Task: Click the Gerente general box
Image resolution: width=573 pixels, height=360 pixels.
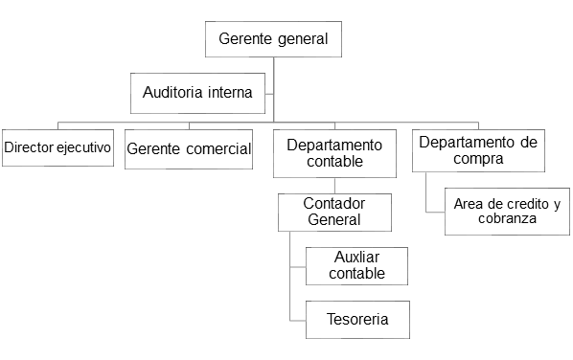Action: pos(273,39)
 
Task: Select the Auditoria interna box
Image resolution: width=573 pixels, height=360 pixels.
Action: pos(197,93)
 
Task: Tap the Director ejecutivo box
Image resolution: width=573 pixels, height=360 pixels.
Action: pos(57,147)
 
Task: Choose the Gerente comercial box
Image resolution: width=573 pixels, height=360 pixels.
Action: pos(189,149)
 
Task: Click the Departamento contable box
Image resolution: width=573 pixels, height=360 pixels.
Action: pos(334,153)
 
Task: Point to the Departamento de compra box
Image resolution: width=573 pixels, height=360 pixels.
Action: pos(478,150)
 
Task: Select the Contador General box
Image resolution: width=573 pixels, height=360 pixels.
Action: pos(334,213)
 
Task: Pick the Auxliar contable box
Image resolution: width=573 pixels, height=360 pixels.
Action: pos(356,266)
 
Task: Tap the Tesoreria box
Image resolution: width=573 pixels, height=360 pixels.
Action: pos(357,320)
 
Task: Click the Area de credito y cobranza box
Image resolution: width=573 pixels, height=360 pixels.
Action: pos(507,212)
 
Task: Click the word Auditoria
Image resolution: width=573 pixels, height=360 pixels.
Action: pos(172,92)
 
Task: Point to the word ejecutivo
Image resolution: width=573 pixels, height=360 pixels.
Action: pos(83,147)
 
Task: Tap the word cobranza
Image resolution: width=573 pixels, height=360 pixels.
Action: pos(507,218)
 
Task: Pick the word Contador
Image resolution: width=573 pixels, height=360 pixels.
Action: pos(334,203)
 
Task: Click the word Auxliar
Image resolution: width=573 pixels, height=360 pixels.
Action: pos(356,257)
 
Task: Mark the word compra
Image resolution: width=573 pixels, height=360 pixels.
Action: pos(478,159)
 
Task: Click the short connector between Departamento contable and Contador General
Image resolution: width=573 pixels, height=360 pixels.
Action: pos(334,186)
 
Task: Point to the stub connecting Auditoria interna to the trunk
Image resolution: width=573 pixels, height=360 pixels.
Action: pos(269,94)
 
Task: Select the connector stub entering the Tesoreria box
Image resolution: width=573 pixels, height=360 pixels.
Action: pos(298,321)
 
